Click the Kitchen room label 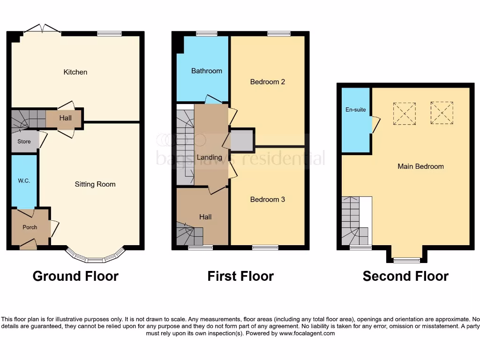tap(75, 72)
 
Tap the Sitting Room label tap(95, 184)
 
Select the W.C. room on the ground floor tap(24, 181)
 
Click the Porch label tap(30, 227)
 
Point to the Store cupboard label tap(24, 142)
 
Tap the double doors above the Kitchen tap(42, 29)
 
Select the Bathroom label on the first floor tap(206, 71)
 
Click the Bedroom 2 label tap(268, 82)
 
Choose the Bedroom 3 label tap(268, 200)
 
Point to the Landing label tap(209, 157)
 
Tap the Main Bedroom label tap(420, 166)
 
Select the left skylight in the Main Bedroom tap(405, 113)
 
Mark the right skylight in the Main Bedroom tap(442, 113)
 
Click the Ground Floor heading tap(75, 277)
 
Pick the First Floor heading tap(240, 277)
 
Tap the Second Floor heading tap(405, 277)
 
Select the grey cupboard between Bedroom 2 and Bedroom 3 tap(242, 140)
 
